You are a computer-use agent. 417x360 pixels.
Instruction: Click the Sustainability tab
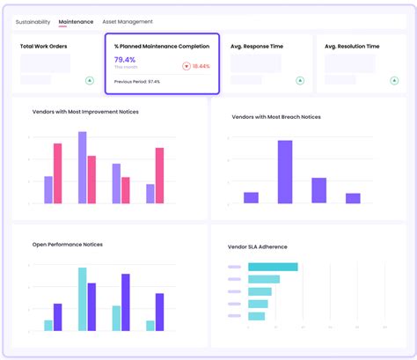33,21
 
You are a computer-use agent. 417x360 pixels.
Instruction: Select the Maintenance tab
76,21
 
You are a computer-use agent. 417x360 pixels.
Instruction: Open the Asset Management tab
128,21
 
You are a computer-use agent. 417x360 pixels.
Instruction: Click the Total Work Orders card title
44,46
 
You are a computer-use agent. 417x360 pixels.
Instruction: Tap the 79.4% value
125,59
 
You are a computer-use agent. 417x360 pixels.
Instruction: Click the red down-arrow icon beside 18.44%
187,66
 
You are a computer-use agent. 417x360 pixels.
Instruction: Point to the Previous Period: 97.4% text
137,81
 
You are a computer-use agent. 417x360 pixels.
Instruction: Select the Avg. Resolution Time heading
353,46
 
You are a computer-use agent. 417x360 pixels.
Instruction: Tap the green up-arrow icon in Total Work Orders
89,80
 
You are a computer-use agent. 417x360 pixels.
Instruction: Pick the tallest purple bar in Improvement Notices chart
82,167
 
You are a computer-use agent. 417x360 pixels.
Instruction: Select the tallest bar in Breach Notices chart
284,172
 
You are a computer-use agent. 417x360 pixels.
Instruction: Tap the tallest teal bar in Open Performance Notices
82,299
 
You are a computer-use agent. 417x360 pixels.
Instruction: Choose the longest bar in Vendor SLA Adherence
273,267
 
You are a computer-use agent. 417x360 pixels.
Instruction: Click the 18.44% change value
201,66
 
